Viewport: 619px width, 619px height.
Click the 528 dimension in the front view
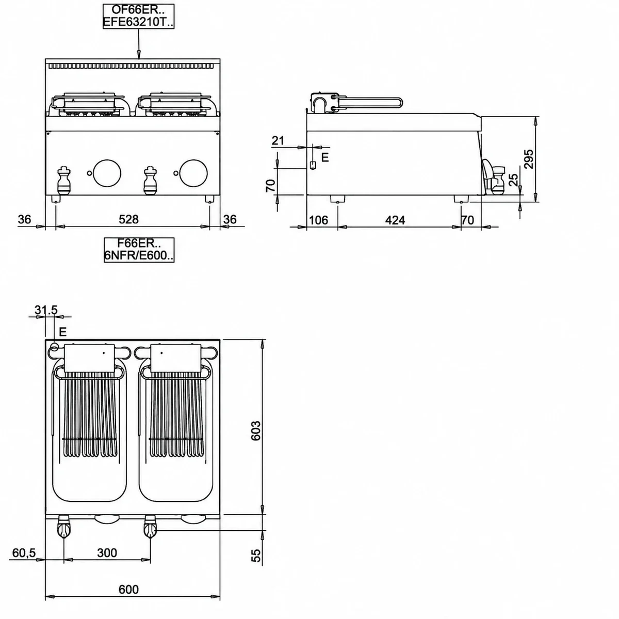point(128,219)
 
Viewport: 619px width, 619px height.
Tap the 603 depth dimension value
point(256,431)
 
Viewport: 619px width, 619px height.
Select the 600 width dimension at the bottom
point(128,590)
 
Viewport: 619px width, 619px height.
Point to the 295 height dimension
point(528,159)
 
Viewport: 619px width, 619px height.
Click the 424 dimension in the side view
point(395,220)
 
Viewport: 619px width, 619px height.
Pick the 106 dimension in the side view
point(318,220)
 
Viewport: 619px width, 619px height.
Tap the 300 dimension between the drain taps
point(107,553)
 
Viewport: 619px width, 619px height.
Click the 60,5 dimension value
point(24,553)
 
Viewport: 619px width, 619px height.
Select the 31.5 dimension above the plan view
point(46,310)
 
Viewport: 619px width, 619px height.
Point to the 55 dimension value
point(256,556)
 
